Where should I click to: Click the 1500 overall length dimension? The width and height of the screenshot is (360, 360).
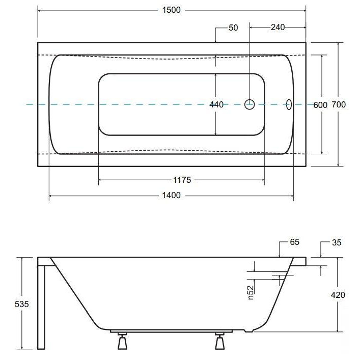click(171, 10)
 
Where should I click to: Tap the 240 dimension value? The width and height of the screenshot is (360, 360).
click(278, 27)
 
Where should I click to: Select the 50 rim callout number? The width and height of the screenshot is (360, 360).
click(233, 28)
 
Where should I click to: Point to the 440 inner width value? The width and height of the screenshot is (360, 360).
click(216, 105)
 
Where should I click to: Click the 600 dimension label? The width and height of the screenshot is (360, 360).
click(320, 105)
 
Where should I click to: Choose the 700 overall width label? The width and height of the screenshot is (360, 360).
click(339, 105)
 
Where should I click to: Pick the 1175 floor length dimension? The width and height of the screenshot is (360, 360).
click(182, 180)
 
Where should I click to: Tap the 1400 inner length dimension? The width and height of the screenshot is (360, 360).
click(171, 196)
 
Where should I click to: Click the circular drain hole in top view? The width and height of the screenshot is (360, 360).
click(250, 104)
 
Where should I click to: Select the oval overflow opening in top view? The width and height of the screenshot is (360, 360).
click(289, 104)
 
